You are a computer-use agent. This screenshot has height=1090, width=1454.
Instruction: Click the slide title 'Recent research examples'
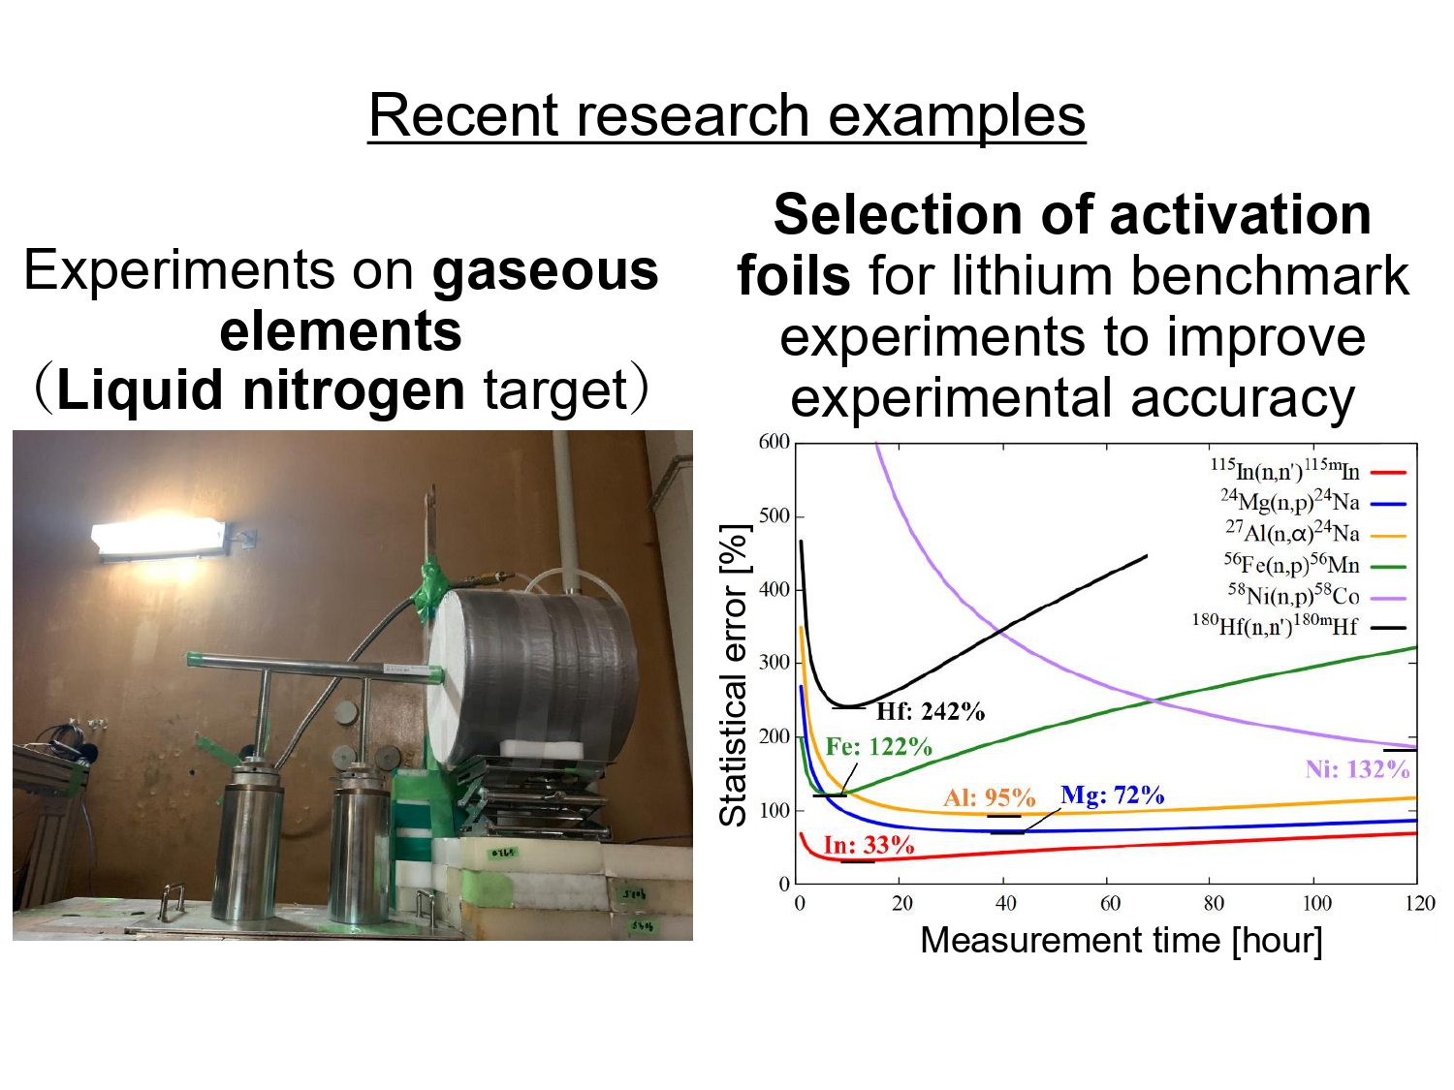point(726,115)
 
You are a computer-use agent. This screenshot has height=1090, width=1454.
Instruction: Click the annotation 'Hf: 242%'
point(930,712)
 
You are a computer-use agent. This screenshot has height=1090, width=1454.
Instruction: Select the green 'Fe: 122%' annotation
point(878,747)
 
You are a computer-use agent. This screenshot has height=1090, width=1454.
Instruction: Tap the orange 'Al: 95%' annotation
point(989,797)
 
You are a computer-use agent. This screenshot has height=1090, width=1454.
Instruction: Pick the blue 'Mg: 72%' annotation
point(1112,795)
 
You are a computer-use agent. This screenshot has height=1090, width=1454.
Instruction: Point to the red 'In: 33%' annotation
point(869,845)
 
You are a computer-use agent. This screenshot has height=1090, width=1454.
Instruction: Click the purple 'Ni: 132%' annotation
point(1356,769)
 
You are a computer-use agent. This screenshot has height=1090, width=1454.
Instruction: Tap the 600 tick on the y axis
point(774,443)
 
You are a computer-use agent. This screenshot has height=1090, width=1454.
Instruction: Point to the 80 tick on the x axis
point(1213,903)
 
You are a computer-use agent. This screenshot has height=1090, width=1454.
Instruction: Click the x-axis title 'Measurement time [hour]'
point(1121,941)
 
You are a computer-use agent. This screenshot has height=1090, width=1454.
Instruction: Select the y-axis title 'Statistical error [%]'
point(734,675)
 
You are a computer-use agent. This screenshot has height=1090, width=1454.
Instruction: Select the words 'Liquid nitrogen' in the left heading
point(260,389)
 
